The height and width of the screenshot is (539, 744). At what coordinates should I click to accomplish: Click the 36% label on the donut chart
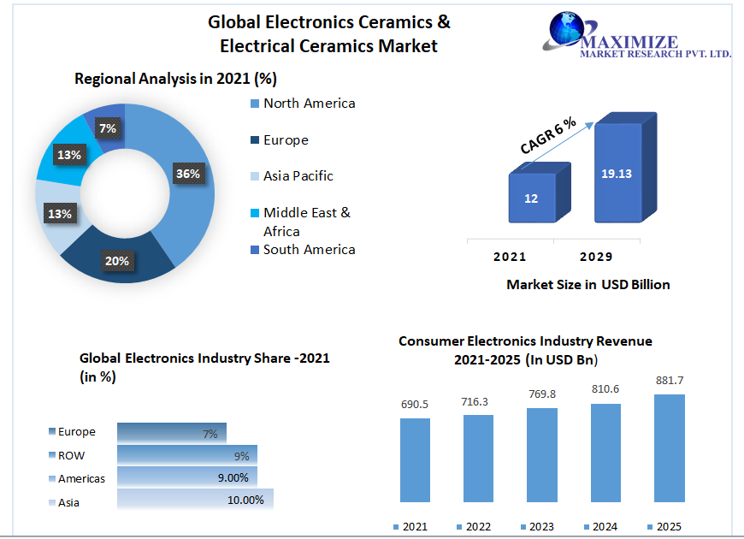coord(188,174)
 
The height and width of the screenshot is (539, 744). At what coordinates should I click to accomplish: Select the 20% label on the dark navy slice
coord(117,260)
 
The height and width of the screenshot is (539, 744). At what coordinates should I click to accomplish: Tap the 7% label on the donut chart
coord(108,129)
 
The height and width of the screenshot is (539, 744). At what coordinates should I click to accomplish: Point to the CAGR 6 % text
coord(548,135)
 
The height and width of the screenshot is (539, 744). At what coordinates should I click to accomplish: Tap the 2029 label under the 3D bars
coord(595,257)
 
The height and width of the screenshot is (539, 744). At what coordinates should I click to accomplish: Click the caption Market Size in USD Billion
coord(588,284)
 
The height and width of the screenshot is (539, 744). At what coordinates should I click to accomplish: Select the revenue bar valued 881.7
coord(669,447)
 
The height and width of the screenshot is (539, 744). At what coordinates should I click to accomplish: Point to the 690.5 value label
coord(415,404)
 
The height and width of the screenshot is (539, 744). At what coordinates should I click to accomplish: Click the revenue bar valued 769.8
coord(542,454)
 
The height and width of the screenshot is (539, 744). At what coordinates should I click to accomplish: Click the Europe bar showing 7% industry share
coord(171,433)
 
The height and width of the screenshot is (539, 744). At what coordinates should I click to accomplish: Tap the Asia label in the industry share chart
coord(68,502)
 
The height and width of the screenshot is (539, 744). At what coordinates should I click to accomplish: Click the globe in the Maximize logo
coord(565,29)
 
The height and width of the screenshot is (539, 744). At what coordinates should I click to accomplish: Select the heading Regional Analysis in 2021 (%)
coord(175,79)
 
